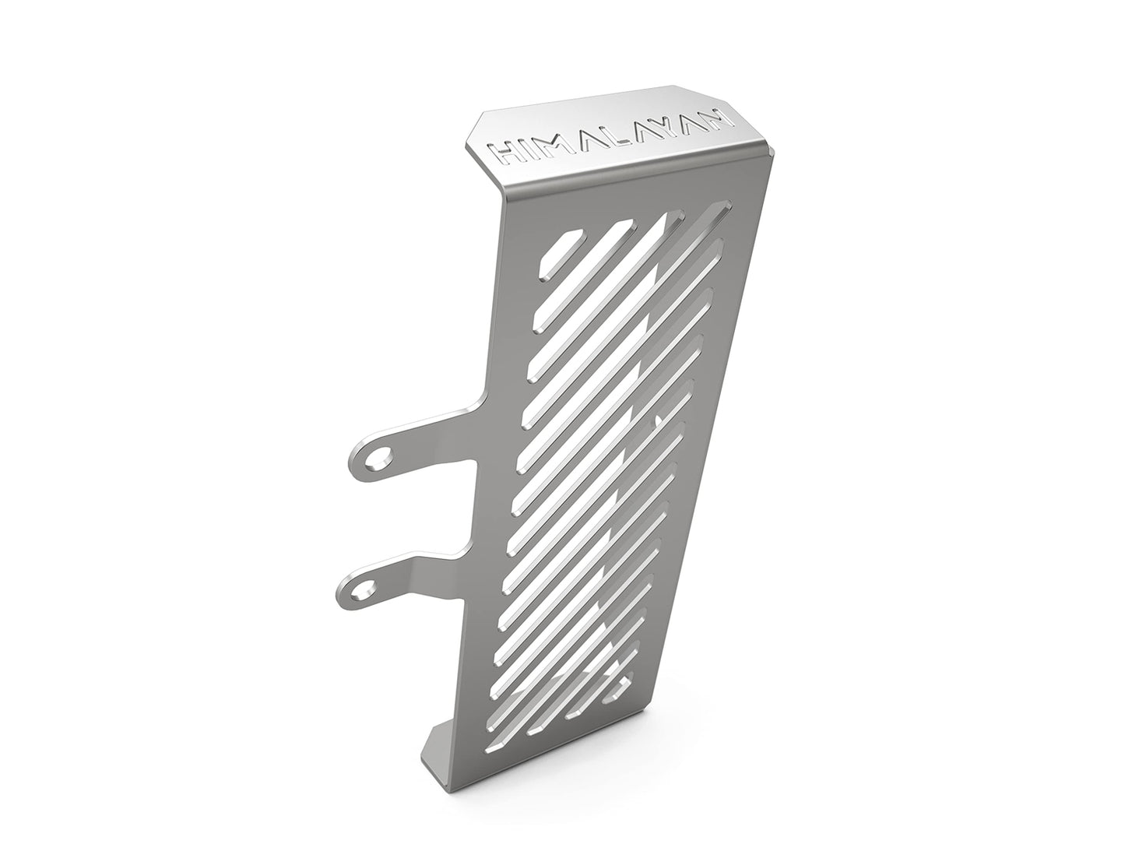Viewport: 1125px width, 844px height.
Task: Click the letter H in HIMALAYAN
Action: coord(504,153)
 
